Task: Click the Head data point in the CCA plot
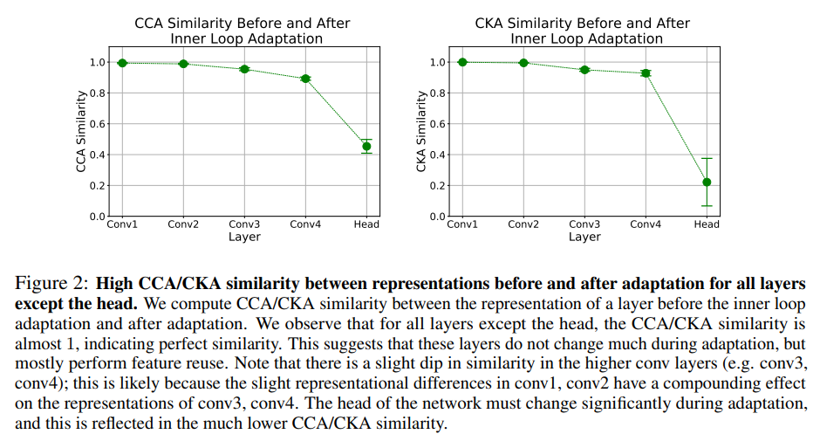pos(366,147)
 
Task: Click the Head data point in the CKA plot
pos(707,182)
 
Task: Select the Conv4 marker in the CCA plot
pos(306,79)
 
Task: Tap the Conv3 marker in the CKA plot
pos(584,69)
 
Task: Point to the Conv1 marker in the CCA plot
pos(122,63)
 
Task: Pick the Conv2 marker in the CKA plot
pos(523,63)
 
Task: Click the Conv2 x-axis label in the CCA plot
pos(183,224)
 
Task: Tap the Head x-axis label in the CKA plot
pos(707,224)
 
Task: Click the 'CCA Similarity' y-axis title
pos(81,131)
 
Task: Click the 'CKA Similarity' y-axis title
pos(421,131)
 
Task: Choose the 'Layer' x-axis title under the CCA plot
pos(244,237)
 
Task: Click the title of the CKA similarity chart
pos(584,31)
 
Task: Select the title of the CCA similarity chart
pos(244,31)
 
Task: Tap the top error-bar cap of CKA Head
pos(707,158)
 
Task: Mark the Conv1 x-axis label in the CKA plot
pos(462,224)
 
